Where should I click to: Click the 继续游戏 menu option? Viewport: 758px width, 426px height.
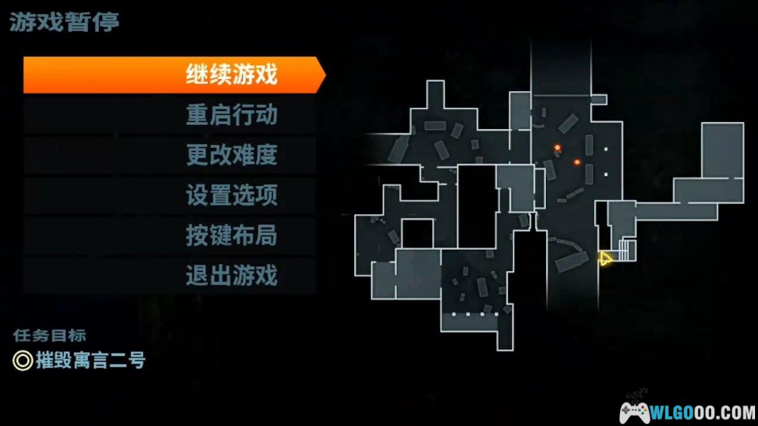click(x=232, y=74)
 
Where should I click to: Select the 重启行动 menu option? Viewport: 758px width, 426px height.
click(x=232, y=115)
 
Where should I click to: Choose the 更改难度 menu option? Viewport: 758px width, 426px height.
click(x=232, y=154)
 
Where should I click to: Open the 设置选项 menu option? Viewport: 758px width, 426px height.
click(x=232, y=195)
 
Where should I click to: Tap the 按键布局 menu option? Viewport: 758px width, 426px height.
click(x=232, y=235)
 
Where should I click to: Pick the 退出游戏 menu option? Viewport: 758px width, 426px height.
click(x=232, y=275)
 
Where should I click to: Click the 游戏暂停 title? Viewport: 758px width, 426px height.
click(x=65, y=22)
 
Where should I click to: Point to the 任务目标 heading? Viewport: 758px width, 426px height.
click(x=50, y=335)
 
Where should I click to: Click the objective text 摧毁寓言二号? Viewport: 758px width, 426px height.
click(x=91, y=360)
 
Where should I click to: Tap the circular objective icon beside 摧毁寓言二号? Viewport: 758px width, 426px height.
click(x=23, y=360)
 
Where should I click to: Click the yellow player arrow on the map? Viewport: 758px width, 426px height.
click(x=605, y=259)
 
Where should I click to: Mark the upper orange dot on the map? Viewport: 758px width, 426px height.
click(x=557, y=147)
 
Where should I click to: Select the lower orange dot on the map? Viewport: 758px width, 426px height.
click(x=577, y=162)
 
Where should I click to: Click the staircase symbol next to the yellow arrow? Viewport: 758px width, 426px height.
click(x=627, y=250)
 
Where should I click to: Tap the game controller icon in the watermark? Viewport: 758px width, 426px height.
click(x=635, y=413)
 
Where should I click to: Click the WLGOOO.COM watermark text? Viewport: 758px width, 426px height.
click(x=703, y=413)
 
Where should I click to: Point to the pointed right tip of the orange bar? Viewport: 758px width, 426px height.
click(x=326, y=75)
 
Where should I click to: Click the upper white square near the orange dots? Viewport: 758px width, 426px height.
click(x=606, y=149)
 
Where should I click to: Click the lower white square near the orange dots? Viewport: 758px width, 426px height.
click(x=606, y=175)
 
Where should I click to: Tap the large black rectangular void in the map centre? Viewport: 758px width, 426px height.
click(x=477, y=207)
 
